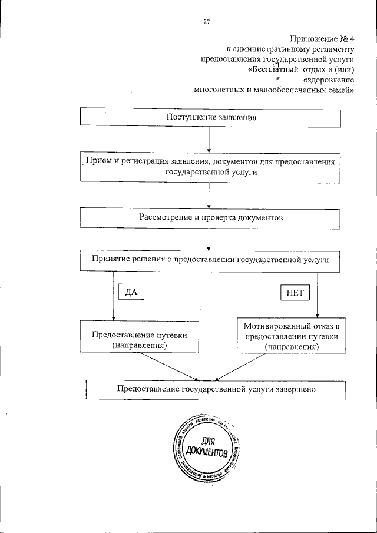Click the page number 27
[x=207, y=22]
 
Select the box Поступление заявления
[x=211, y=117]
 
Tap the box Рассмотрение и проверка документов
[x=211, y=217]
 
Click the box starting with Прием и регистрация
[x=210, y=167]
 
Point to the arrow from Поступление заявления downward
[x=210, y=140]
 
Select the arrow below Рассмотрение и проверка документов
[x=210, y=239]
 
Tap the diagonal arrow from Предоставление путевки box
[x=171, y=367]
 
